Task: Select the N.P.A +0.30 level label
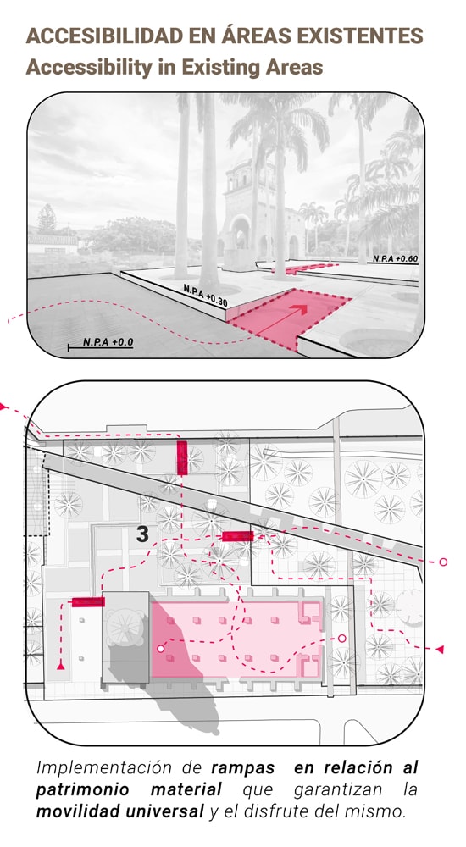(205, 296)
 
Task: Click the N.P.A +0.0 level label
(108, 342)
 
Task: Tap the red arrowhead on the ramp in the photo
(301, 309)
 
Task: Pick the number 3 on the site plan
(142, 534)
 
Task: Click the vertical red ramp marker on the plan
(182, 458)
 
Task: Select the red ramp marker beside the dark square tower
(88, 601)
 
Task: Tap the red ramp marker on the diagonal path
(238, 536)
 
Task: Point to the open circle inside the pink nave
(160, 648)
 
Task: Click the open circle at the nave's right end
(341, 639)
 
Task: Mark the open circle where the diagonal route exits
(443, 562)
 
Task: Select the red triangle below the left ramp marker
(60, 666)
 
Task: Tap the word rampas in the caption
(242, 767)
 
